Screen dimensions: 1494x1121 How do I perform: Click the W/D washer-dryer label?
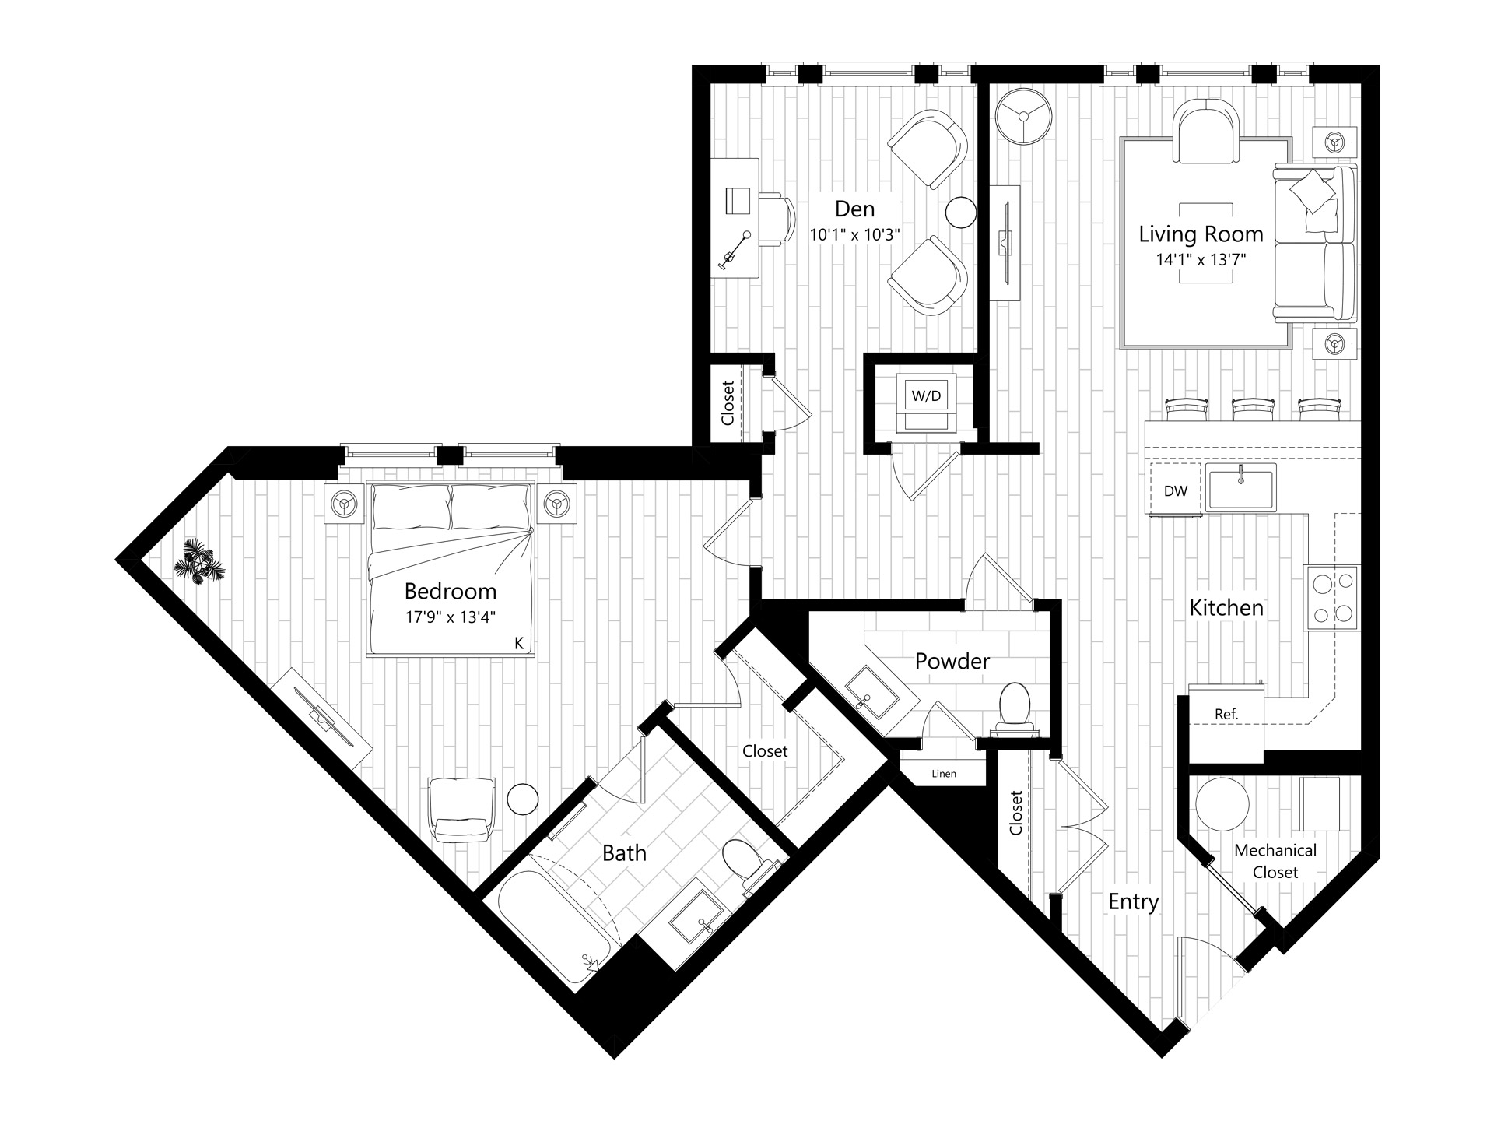[x=926, y=396]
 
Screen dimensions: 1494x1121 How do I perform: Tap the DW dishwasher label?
[x=1176, y=491]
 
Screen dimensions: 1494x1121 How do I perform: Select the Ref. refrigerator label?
[x=1226, y=714]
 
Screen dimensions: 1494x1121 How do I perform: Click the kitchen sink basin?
[x=1241, y=488]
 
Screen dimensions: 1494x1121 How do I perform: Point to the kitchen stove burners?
[x=1333, y=598]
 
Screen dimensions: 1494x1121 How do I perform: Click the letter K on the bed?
[x=519, y=643]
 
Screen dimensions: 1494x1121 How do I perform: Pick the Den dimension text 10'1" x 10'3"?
[x=855, y=234]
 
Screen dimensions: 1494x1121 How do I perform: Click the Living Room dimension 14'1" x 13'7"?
[x=1201, y=259]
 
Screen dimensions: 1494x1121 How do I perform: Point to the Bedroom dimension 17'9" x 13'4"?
[x=451, y=617]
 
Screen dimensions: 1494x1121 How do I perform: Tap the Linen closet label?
[x=944, y=774]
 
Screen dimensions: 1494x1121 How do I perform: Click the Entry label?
[x=1134, y=902]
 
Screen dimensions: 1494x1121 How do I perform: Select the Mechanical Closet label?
[x=1275, y=861]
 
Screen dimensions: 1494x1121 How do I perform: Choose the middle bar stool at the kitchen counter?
[x=1252, y=409]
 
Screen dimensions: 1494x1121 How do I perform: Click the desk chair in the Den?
[x=775, y=220]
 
